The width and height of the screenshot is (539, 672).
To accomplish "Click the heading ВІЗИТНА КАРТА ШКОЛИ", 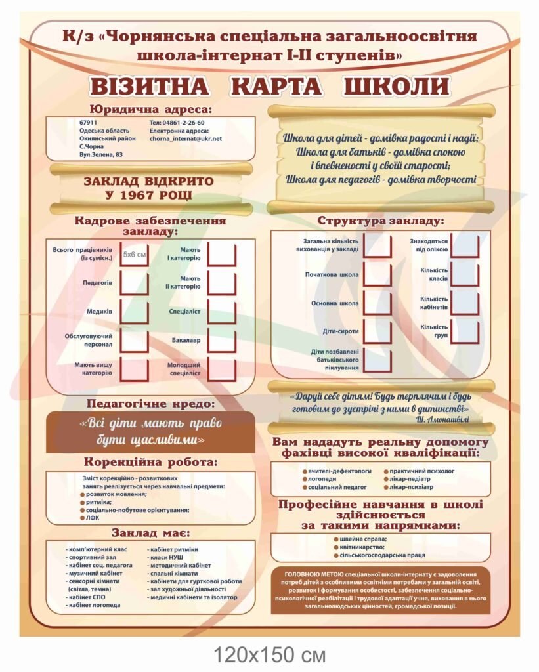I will tap(270, 87).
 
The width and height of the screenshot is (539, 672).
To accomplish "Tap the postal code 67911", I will tap(88, 123).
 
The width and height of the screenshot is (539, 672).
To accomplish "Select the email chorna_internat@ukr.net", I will tap(186, 138).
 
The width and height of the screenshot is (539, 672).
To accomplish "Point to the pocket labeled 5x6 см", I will tap(134, 254).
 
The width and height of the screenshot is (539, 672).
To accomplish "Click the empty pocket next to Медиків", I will tap(134, 311).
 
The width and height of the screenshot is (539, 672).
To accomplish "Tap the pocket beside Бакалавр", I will tap(221, 341).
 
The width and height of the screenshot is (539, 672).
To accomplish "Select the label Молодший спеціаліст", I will tap(183, 369).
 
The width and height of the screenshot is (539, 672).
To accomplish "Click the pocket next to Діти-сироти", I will tap(377, 331).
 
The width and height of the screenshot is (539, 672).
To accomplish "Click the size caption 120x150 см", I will tap(269, 654).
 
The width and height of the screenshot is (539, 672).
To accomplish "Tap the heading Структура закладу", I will tap(381, 220).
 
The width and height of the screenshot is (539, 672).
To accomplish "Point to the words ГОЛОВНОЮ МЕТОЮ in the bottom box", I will tap(309, 573).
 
